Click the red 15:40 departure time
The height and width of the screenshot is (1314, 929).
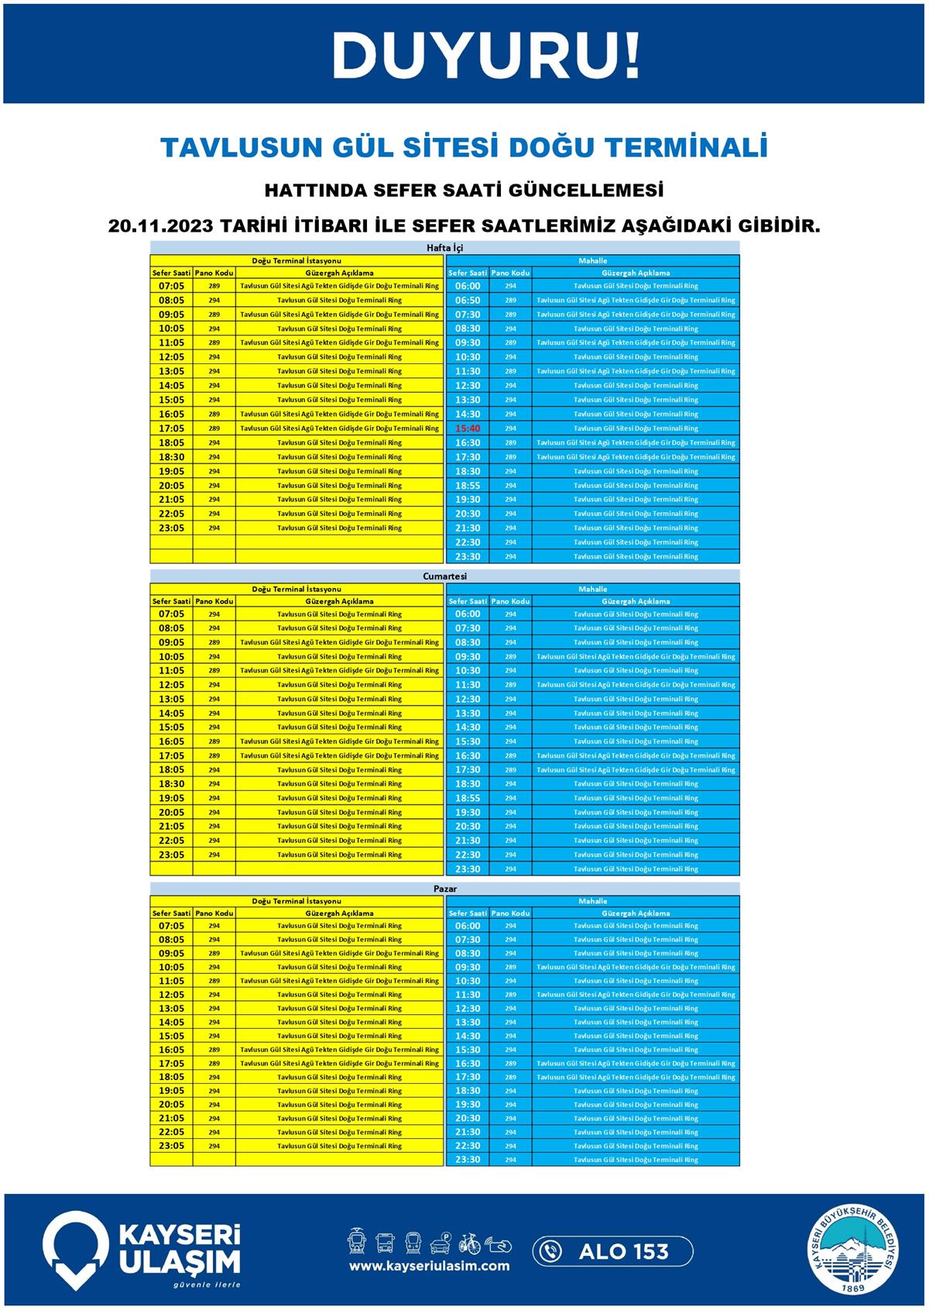point(468,428)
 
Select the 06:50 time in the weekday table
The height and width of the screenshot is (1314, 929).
point(468,301)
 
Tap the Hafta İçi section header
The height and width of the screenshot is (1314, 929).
point(445,248)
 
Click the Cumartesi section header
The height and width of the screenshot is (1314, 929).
point(445,576)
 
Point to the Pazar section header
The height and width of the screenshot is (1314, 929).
point(445,889)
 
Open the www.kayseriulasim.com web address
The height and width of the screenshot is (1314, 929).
point(429,1266)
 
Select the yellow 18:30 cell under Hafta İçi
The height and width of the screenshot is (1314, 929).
point(171,457)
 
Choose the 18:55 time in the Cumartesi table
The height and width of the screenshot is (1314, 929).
point(468,798)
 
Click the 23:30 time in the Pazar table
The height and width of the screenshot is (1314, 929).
point(468,1160)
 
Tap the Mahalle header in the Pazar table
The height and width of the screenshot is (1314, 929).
point(593,901)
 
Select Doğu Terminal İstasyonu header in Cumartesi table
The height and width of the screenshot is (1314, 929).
point(297,589)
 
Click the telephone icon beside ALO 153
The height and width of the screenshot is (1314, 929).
point(550,1251)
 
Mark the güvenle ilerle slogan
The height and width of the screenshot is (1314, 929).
point(207,1285)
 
